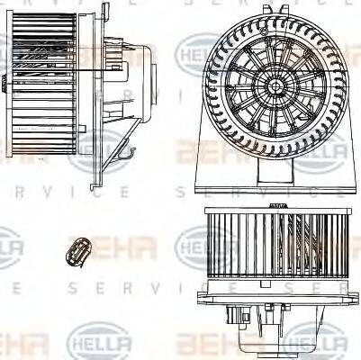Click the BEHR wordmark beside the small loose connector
pyautogui.click(x=126, y=245)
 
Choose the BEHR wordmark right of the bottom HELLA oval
pyautogui.click(x=207, y=344)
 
